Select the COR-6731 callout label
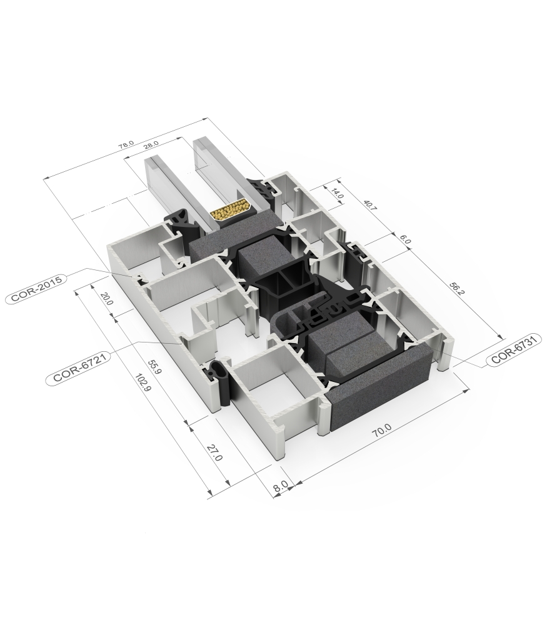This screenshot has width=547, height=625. (514, 358)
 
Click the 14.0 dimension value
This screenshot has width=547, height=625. (338, 194)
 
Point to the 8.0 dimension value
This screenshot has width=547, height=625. (280, 484)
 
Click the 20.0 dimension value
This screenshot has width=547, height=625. (107, 299)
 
